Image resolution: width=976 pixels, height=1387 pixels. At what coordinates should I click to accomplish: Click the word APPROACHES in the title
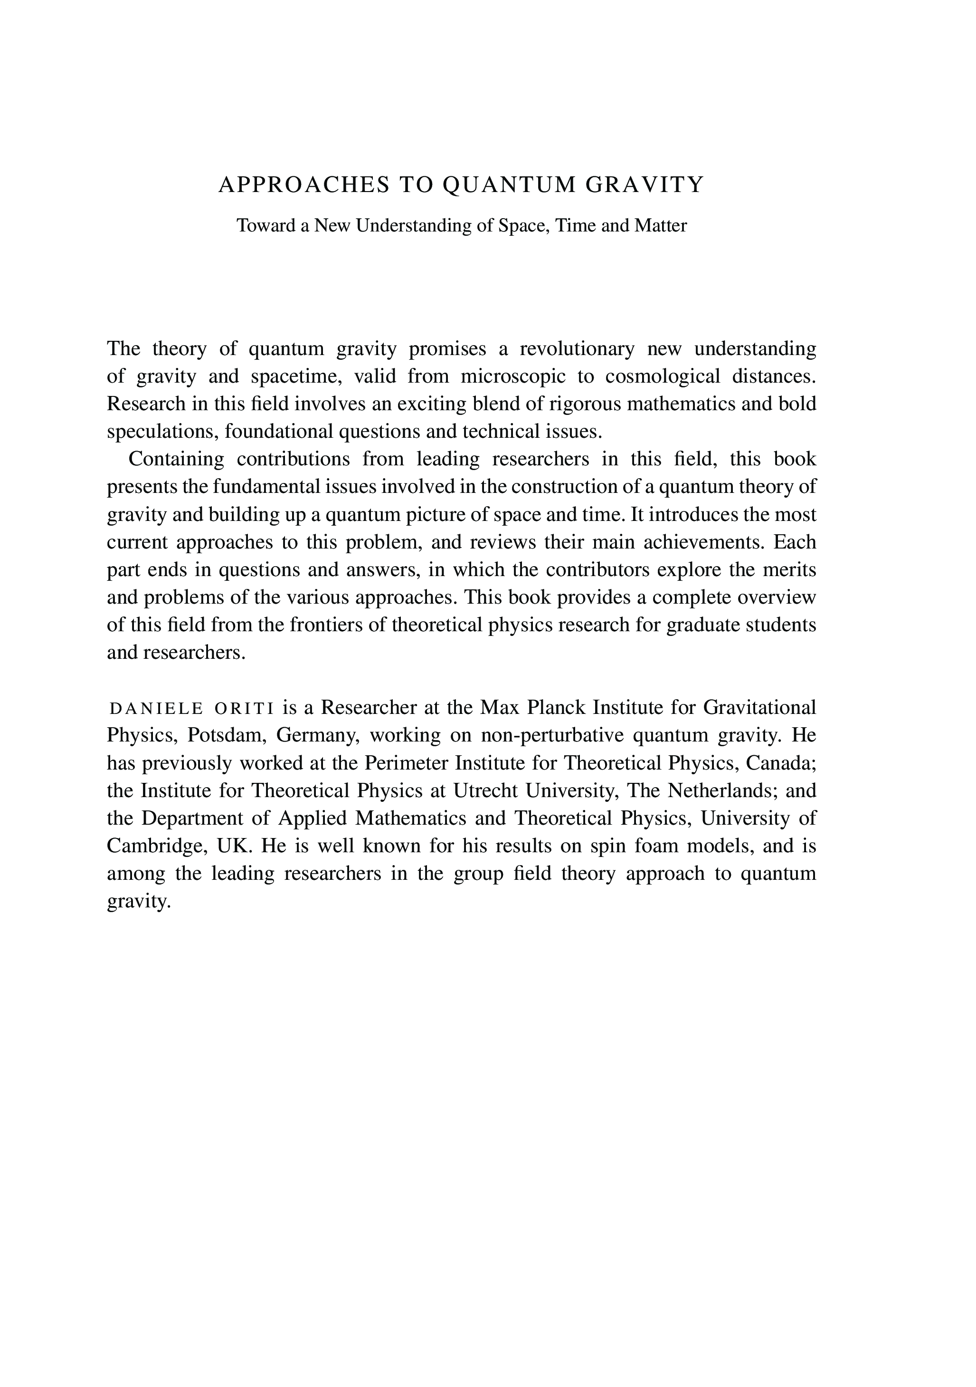[x=303, y=185]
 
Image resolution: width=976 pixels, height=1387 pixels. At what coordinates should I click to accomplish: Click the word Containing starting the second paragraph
[x=176, y=460]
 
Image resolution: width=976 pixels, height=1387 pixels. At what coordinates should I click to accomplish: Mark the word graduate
[x=702, y=625]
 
